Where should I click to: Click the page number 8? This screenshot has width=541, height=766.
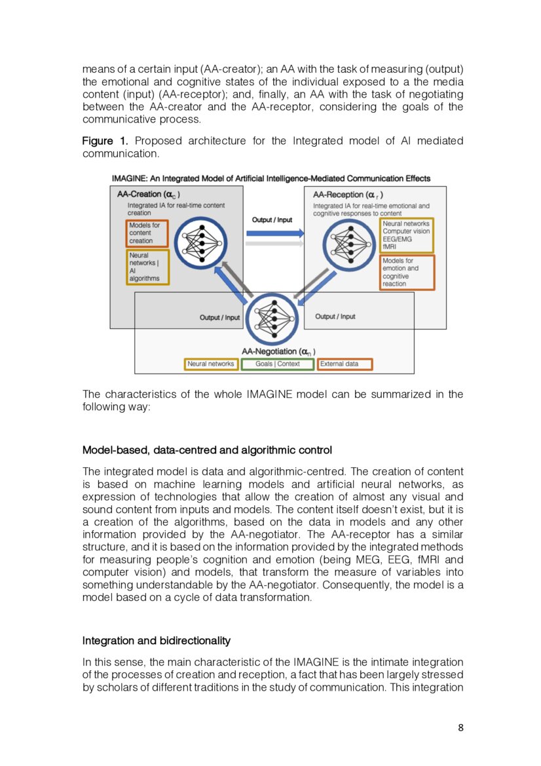460,727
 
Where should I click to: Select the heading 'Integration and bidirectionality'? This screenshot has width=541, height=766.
156,640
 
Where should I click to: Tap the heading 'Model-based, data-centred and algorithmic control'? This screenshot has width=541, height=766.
207,450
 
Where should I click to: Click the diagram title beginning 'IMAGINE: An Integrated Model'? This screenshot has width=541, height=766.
271,178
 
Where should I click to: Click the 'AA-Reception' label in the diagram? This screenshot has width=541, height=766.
348,195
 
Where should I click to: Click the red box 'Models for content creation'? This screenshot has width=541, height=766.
147,233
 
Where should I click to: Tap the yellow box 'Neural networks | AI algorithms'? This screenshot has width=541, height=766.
147,267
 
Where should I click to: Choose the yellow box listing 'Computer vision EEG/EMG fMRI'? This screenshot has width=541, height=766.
406,235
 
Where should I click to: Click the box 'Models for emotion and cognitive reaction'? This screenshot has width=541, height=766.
406,273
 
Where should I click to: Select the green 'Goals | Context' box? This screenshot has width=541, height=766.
278,364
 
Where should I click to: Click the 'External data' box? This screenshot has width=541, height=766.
345,364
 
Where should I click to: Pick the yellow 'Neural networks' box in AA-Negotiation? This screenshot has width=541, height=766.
210,364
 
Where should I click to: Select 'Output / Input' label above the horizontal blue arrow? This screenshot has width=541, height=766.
272,220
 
